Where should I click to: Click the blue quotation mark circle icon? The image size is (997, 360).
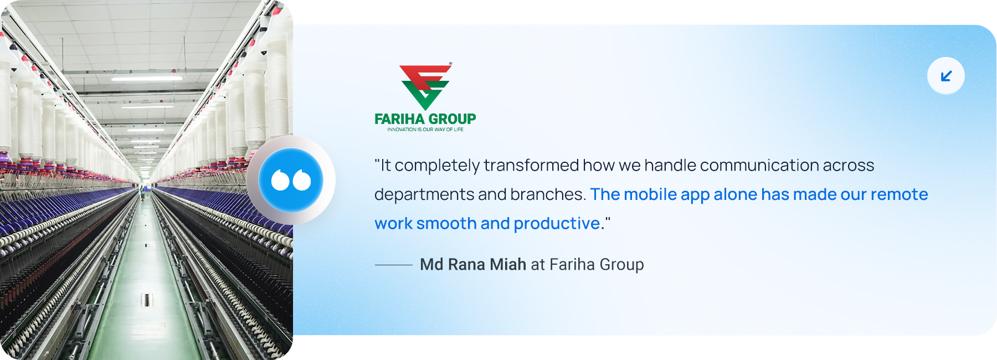291,180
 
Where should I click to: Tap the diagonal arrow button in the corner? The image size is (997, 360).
946,76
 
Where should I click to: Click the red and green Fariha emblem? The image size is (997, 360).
425,86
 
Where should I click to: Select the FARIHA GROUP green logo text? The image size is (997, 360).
425,119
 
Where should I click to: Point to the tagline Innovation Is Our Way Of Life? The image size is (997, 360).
425,130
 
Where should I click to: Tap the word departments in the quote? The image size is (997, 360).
424,194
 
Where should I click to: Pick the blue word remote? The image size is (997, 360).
899,194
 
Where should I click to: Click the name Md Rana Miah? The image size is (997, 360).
472,264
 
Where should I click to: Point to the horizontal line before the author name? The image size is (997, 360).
393,265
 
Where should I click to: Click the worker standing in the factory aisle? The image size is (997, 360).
143,192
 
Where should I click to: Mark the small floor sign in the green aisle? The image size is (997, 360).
146,300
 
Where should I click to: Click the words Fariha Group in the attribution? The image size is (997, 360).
597,265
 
